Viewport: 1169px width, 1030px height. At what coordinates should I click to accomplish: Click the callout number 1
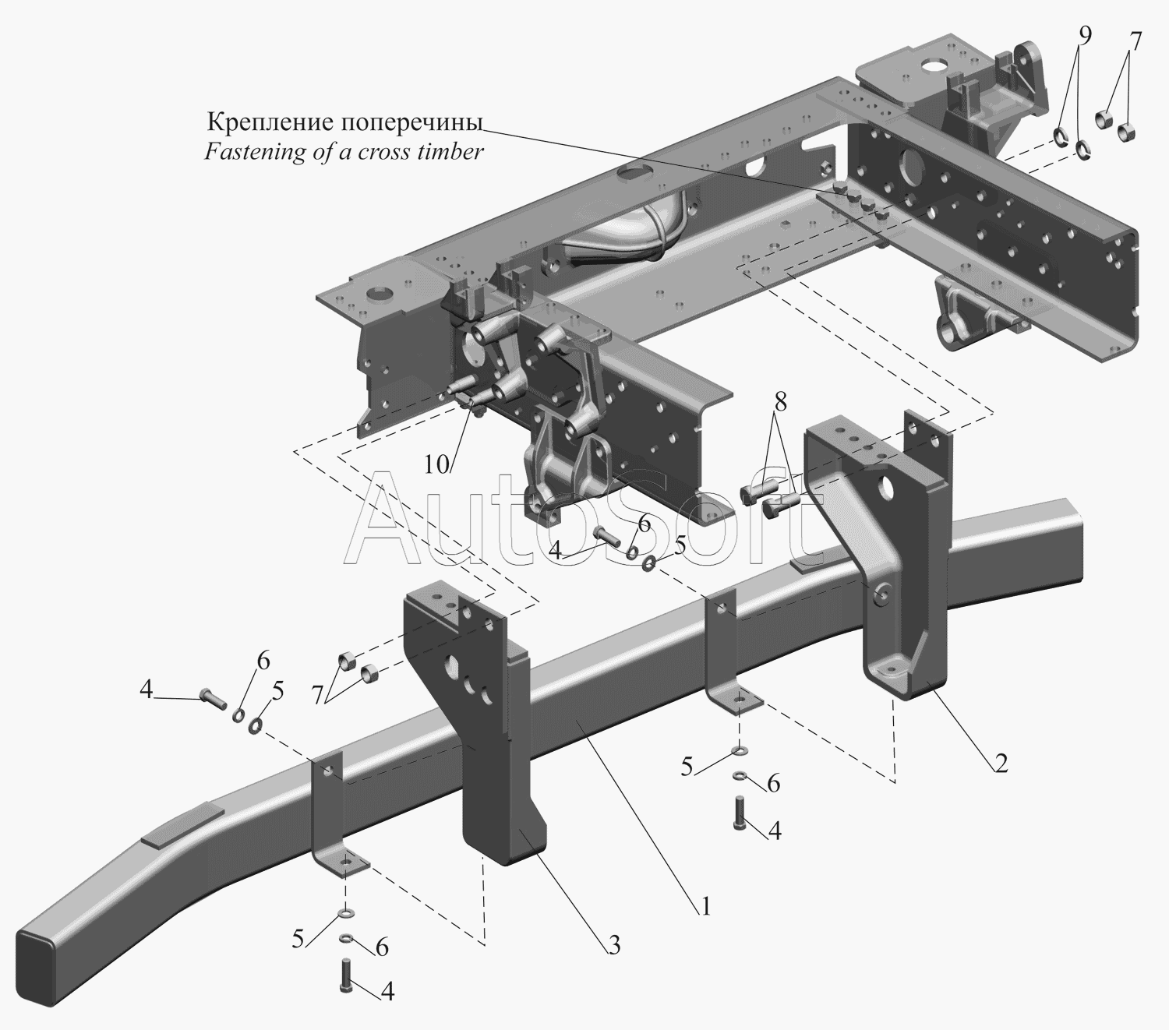[705, 905]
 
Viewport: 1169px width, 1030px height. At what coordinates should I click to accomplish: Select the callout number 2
[1001, 763]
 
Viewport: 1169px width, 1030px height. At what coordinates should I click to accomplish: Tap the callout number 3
[613, 945]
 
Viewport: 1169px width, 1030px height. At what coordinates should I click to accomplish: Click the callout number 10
[437, 464]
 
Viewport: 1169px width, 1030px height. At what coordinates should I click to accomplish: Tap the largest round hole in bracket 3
[450, 669]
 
